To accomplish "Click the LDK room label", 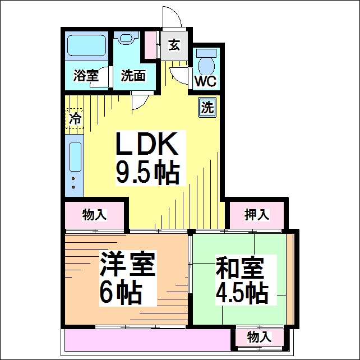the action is pos(147,144).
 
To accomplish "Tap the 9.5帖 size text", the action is pos(147,173).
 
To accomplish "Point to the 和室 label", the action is pos(239,267).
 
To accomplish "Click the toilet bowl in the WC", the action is pos(206,66).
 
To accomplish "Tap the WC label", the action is pos(205,81).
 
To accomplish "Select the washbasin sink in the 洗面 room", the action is pos(126,38).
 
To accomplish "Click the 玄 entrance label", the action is pos(174,45).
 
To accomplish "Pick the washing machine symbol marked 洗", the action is pos(207,108).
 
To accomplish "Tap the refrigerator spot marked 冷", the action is pos(75,119).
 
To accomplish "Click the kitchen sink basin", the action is pos(75,156).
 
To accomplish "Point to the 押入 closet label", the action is pos(256,215).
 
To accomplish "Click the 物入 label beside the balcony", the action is pos(259,337).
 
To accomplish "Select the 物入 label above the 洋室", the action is pos(94,215).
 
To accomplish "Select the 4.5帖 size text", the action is pos(242,292).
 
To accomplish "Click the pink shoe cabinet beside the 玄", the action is pos(150,44).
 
